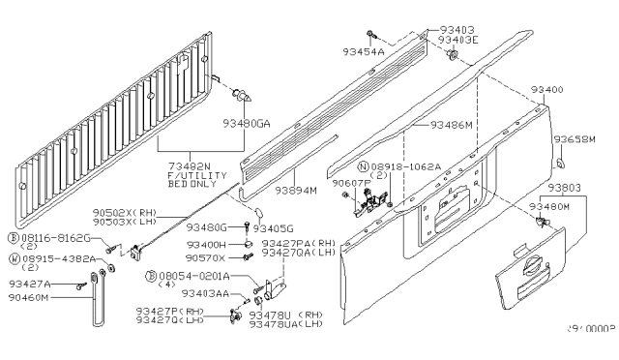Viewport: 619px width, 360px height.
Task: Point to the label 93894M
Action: coord(296,191)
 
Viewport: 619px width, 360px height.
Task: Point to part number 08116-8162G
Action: coord(57,236)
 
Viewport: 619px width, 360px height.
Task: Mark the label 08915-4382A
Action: coord(57,258)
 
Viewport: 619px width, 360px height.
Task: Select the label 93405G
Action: coord(273,229)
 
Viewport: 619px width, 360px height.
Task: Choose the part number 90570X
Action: coord(207,258)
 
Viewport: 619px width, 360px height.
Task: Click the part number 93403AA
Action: coord(210,292)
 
